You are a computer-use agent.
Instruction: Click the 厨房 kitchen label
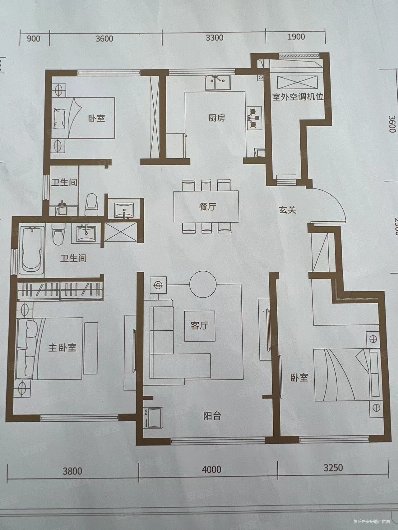216,118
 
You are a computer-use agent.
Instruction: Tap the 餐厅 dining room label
207,207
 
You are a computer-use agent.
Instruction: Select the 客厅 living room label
199,326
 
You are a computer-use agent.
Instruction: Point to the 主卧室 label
62,347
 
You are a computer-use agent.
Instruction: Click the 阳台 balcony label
212,416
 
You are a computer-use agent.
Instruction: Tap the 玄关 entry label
287,210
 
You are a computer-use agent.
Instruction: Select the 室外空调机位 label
298,97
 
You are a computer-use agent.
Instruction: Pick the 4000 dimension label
211,469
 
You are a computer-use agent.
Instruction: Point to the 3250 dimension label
333,467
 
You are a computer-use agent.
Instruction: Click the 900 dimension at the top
34,39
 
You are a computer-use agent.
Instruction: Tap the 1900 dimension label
296,37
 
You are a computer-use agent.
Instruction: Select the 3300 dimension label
215,38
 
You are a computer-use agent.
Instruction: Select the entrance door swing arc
336,202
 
